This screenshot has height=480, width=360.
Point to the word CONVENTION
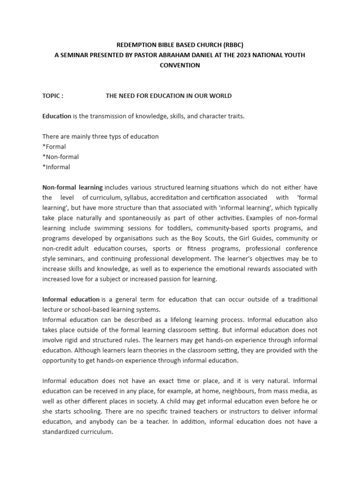[x=180, y=65]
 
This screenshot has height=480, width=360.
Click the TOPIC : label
[x=52, y=96]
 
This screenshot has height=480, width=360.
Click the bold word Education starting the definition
[x=57, y=116]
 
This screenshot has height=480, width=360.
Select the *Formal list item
[x=54, y=147]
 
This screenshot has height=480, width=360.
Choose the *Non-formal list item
[x=60, y=157]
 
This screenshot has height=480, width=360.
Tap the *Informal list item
[x=56, y=167]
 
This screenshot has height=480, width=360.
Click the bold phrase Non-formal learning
[x=72, y=187]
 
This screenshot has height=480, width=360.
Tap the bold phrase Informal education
[x=71, y=299]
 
